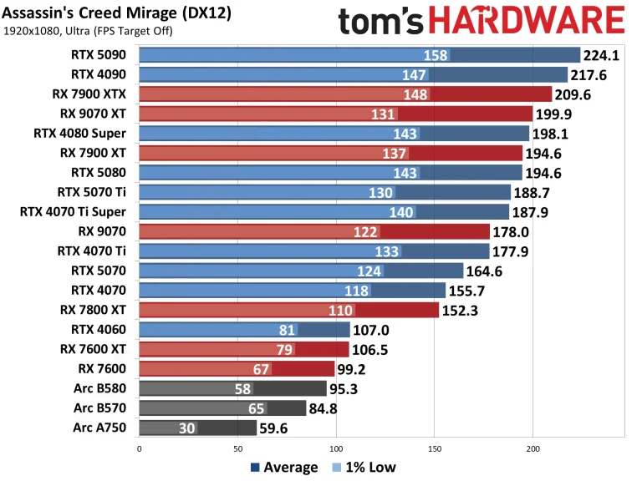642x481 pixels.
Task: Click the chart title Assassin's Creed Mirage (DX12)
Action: (x=117, y=14)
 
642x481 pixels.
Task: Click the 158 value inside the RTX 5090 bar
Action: (x=436, y=56)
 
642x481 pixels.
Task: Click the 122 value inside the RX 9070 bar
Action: (x=366, y=231)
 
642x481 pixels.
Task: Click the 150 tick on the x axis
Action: (x=434, y=448)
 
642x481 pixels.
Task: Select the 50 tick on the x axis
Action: (x=237, y=448)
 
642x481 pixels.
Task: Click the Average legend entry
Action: (x=283, y=468)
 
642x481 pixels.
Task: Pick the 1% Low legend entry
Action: (x=366, y=468)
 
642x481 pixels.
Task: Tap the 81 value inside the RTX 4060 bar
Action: (x=288, y=330)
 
